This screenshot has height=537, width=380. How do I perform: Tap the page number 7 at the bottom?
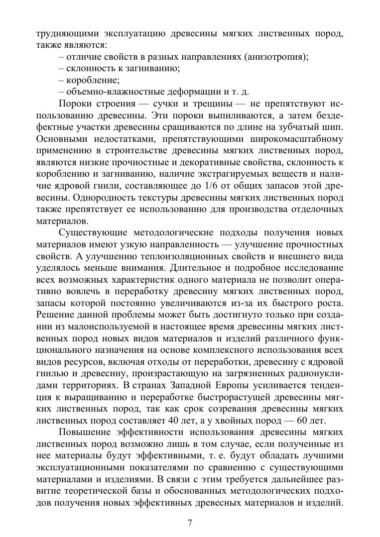190,523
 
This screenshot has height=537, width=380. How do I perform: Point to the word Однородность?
93,197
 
